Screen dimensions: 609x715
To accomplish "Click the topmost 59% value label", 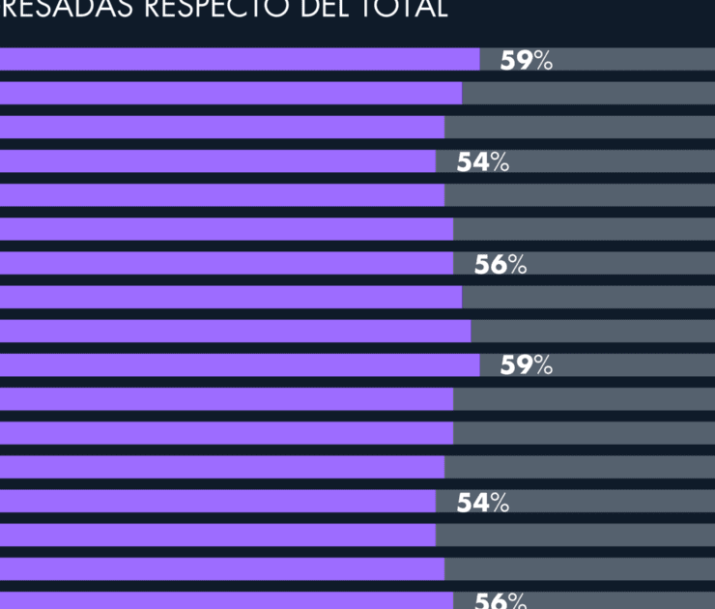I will click(526, 60).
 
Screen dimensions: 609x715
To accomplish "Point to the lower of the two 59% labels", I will click(526, 365).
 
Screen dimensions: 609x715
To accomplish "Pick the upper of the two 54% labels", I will click(482, 162).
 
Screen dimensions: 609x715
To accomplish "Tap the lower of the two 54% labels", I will click(482, 502).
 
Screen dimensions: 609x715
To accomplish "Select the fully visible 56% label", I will click(500, 264).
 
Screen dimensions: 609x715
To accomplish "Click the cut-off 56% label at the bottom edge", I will click(500, 600).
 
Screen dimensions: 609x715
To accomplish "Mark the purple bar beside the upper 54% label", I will click(217, 161).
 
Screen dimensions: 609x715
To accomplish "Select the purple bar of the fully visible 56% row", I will click(226, 264).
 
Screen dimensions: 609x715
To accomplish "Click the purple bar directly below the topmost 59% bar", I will click(231, 94).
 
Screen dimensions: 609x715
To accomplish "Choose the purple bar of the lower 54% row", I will click(217, 502).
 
